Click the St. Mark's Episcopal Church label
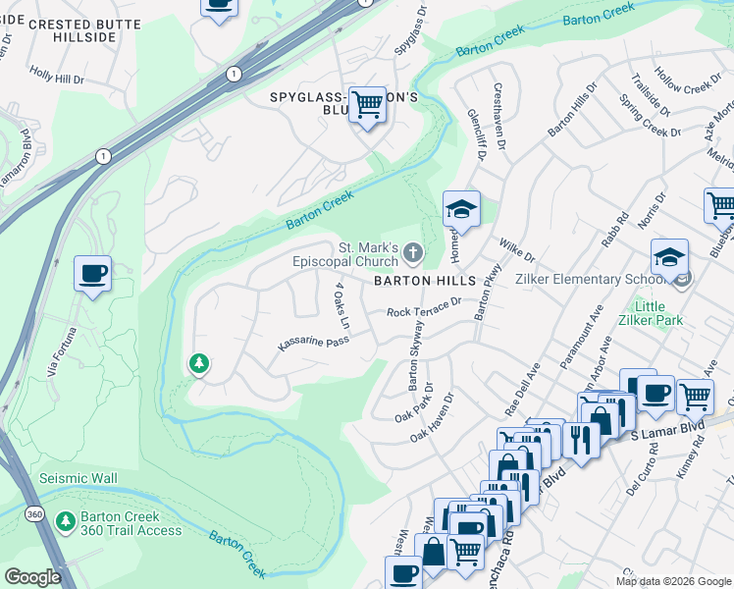pos(345,254)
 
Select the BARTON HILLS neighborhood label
pos(423,280)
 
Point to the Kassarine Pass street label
pos(312,345)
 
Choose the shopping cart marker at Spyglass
pos(367,103)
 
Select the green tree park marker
pos(199,364)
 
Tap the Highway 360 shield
pos(34,514)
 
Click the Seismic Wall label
pos(78,479)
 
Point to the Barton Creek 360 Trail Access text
pos(131,523)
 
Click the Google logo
pos(33,577)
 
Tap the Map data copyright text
pos(672,581)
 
